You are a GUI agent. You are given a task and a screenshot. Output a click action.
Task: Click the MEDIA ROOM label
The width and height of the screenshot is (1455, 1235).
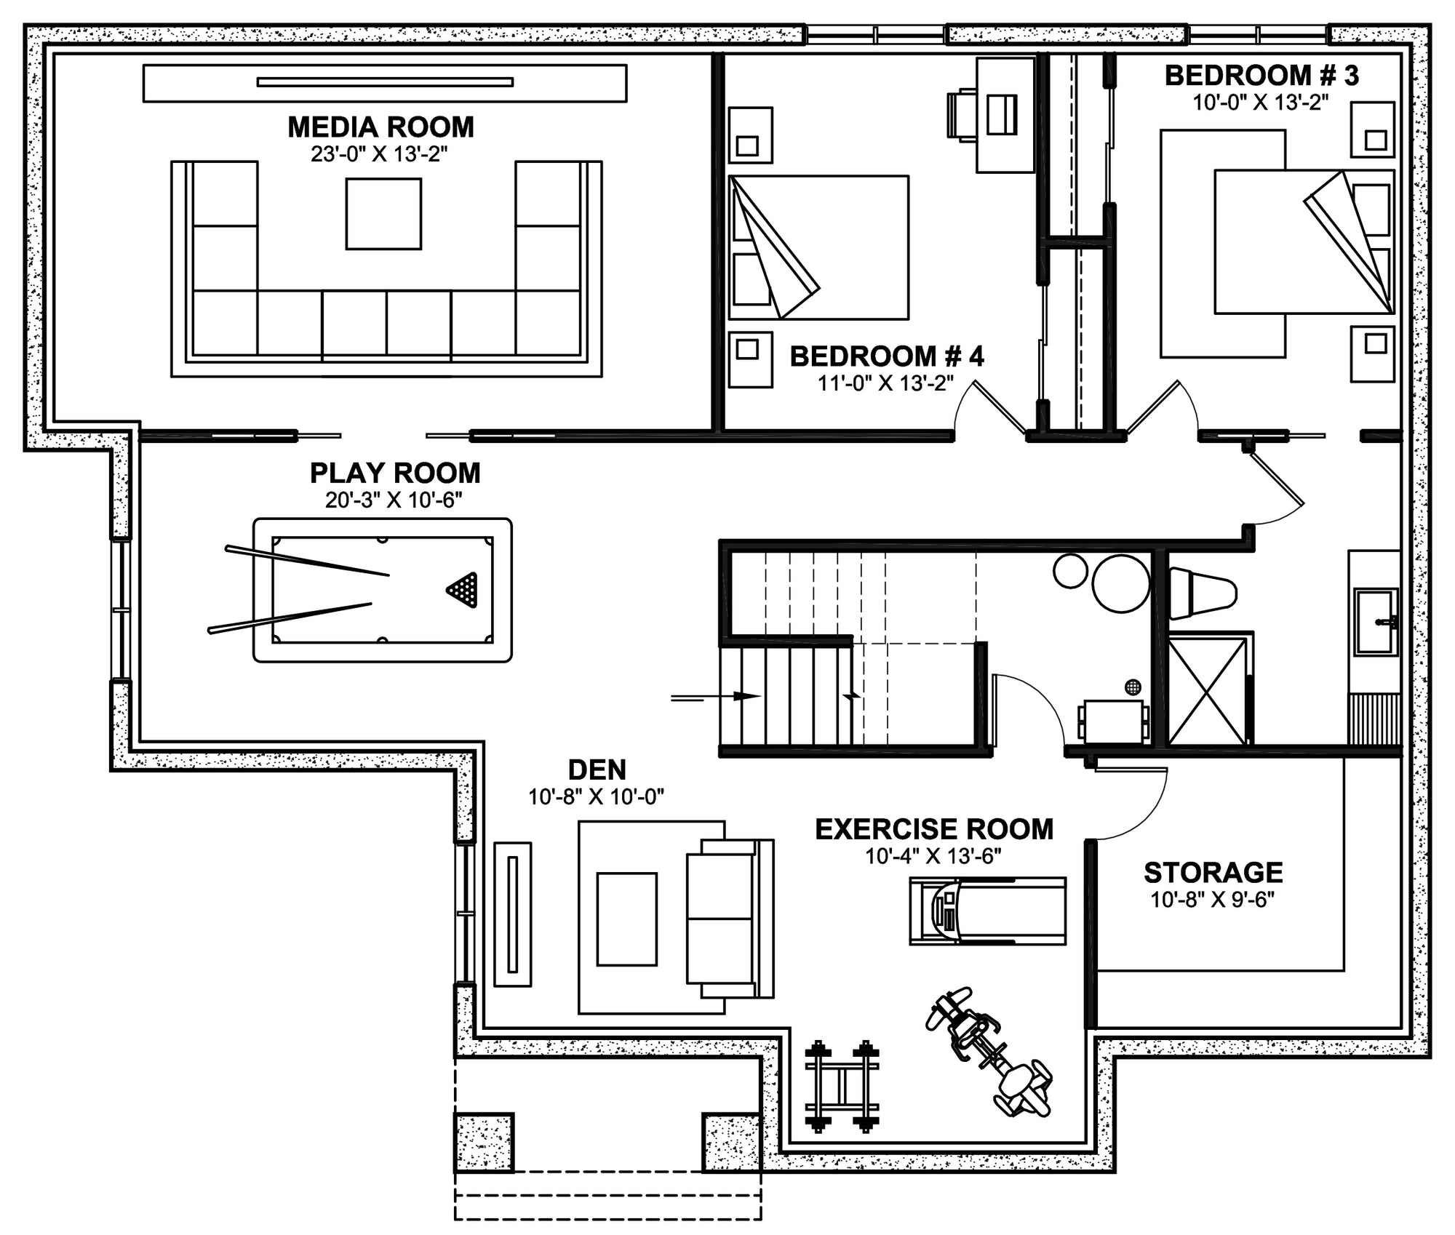pyautogui.click(x=380, y=127)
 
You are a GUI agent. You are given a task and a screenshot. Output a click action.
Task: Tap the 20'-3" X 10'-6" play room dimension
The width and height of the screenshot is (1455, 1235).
pyautogui.click(x=394, y=500)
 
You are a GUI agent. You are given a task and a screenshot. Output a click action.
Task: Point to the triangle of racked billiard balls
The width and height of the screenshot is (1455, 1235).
pyautogui.click(x=463, y=589)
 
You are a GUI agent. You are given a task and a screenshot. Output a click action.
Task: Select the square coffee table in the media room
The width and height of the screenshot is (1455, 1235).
pyautogui.click(x=383, y=214)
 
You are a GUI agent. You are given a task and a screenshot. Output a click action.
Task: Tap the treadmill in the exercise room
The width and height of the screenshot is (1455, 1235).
pyautogui.click(x=987, y=911)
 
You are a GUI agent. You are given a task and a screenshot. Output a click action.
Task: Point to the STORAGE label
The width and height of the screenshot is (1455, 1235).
pyautogui.click(x=1213, y=872)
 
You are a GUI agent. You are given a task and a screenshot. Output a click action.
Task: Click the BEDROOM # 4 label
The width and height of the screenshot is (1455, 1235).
pyautogui.click(x=887, y=356)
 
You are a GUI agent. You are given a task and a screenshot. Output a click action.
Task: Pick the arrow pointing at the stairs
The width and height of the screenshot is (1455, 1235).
pyautogui.click(x=716, y=696)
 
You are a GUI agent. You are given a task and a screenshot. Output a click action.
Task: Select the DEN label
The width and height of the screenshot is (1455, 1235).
pyautogui.click(x=597, y=770)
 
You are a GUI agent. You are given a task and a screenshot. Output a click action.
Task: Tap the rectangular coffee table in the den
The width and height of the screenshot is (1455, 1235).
pyautogui.click(x=627, y=919)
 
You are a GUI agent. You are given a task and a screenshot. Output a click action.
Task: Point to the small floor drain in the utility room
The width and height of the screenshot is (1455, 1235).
pyautogui.click(x=1133, y=687)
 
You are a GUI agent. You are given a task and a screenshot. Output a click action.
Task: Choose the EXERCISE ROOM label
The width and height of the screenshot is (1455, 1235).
pyautogui.click(x=934, y=829)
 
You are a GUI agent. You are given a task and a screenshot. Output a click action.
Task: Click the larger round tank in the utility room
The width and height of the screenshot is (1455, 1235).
pyautogui.click(x=1120, y=583)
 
